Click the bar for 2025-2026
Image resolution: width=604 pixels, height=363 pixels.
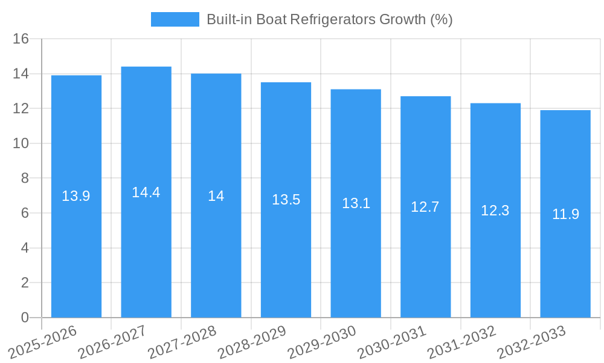76,254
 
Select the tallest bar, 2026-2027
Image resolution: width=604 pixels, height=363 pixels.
146,254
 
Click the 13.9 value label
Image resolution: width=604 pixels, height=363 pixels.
76,196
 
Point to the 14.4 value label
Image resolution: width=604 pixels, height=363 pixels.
146,192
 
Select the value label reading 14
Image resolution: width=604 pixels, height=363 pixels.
216,196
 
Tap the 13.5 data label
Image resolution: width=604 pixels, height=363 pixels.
286,200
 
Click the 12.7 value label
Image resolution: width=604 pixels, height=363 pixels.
425,207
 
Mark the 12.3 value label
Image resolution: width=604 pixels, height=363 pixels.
495,211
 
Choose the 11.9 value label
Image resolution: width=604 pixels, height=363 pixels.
565,214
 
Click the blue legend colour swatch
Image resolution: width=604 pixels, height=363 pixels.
175,19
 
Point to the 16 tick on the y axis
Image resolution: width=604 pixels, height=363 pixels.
21,39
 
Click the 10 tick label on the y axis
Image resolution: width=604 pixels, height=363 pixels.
21,143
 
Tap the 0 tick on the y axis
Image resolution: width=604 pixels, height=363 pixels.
25,318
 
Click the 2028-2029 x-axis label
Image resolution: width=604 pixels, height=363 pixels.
252,342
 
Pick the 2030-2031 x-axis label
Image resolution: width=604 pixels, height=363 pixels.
392,342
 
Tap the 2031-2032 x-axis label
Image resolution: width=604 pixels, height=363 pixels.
462,342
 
